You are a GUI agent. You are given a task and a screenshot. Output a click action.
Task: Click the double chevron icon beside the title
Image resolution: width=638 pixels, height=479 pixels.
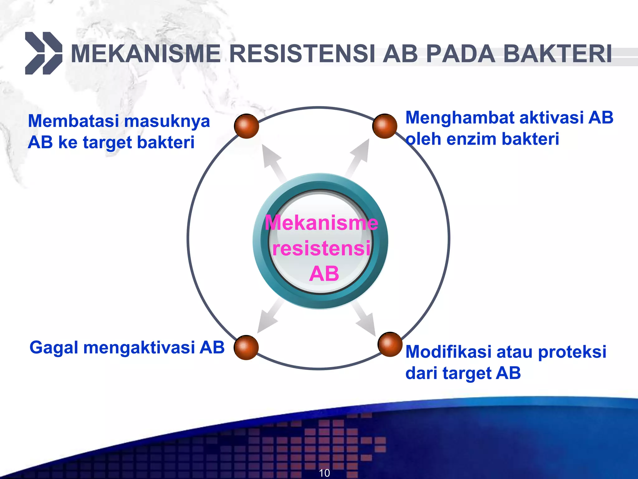point(44,53)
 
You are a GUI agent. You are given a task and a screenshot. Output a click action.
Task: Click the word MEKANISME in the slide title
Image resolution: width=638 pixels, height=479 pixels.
point(146,54)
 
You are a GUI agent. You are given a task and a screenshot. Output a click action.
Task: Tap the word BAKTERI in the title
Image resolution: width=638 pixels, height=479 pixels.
point(558,54)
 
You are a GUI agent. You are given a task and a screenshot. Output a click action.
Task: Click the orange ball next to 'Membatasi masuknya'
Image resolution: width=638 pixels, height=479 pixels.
point(246,126)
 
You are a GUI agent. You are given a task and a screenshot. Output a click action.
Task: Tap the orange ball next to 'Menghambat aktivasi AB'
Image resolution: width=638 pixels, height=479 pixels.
point(385,126)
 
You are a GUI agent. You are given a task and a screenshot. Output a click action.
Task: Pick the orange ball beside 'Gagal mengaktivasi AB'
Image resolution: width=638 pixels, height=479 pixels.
point(246,347)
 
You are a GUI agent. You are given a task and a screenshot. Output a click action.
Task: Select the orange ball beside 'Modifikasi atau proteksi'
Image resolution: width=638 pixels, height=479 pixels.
point(390,344)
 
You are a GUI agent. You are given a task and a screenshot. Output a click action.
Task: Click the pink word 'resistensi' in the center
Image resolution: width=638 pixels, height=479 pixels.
point(321,249)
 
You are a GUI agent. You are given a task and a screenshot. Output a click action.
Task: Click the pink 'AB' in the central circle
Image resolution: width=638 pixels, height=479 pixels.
point(324,274)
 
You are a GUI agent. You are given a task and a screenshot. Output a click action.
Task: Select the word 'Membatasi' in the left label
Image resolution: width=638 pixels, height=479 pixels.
point(74,121)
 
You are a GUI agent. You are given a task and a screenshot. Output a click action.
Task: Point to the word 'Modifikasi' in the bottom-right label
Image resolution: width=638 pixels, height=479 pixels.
point(449,352)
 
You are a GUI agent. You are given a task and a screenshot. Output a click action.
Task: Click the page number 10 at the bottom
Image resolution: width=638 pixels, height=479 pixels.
point(324,473)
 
